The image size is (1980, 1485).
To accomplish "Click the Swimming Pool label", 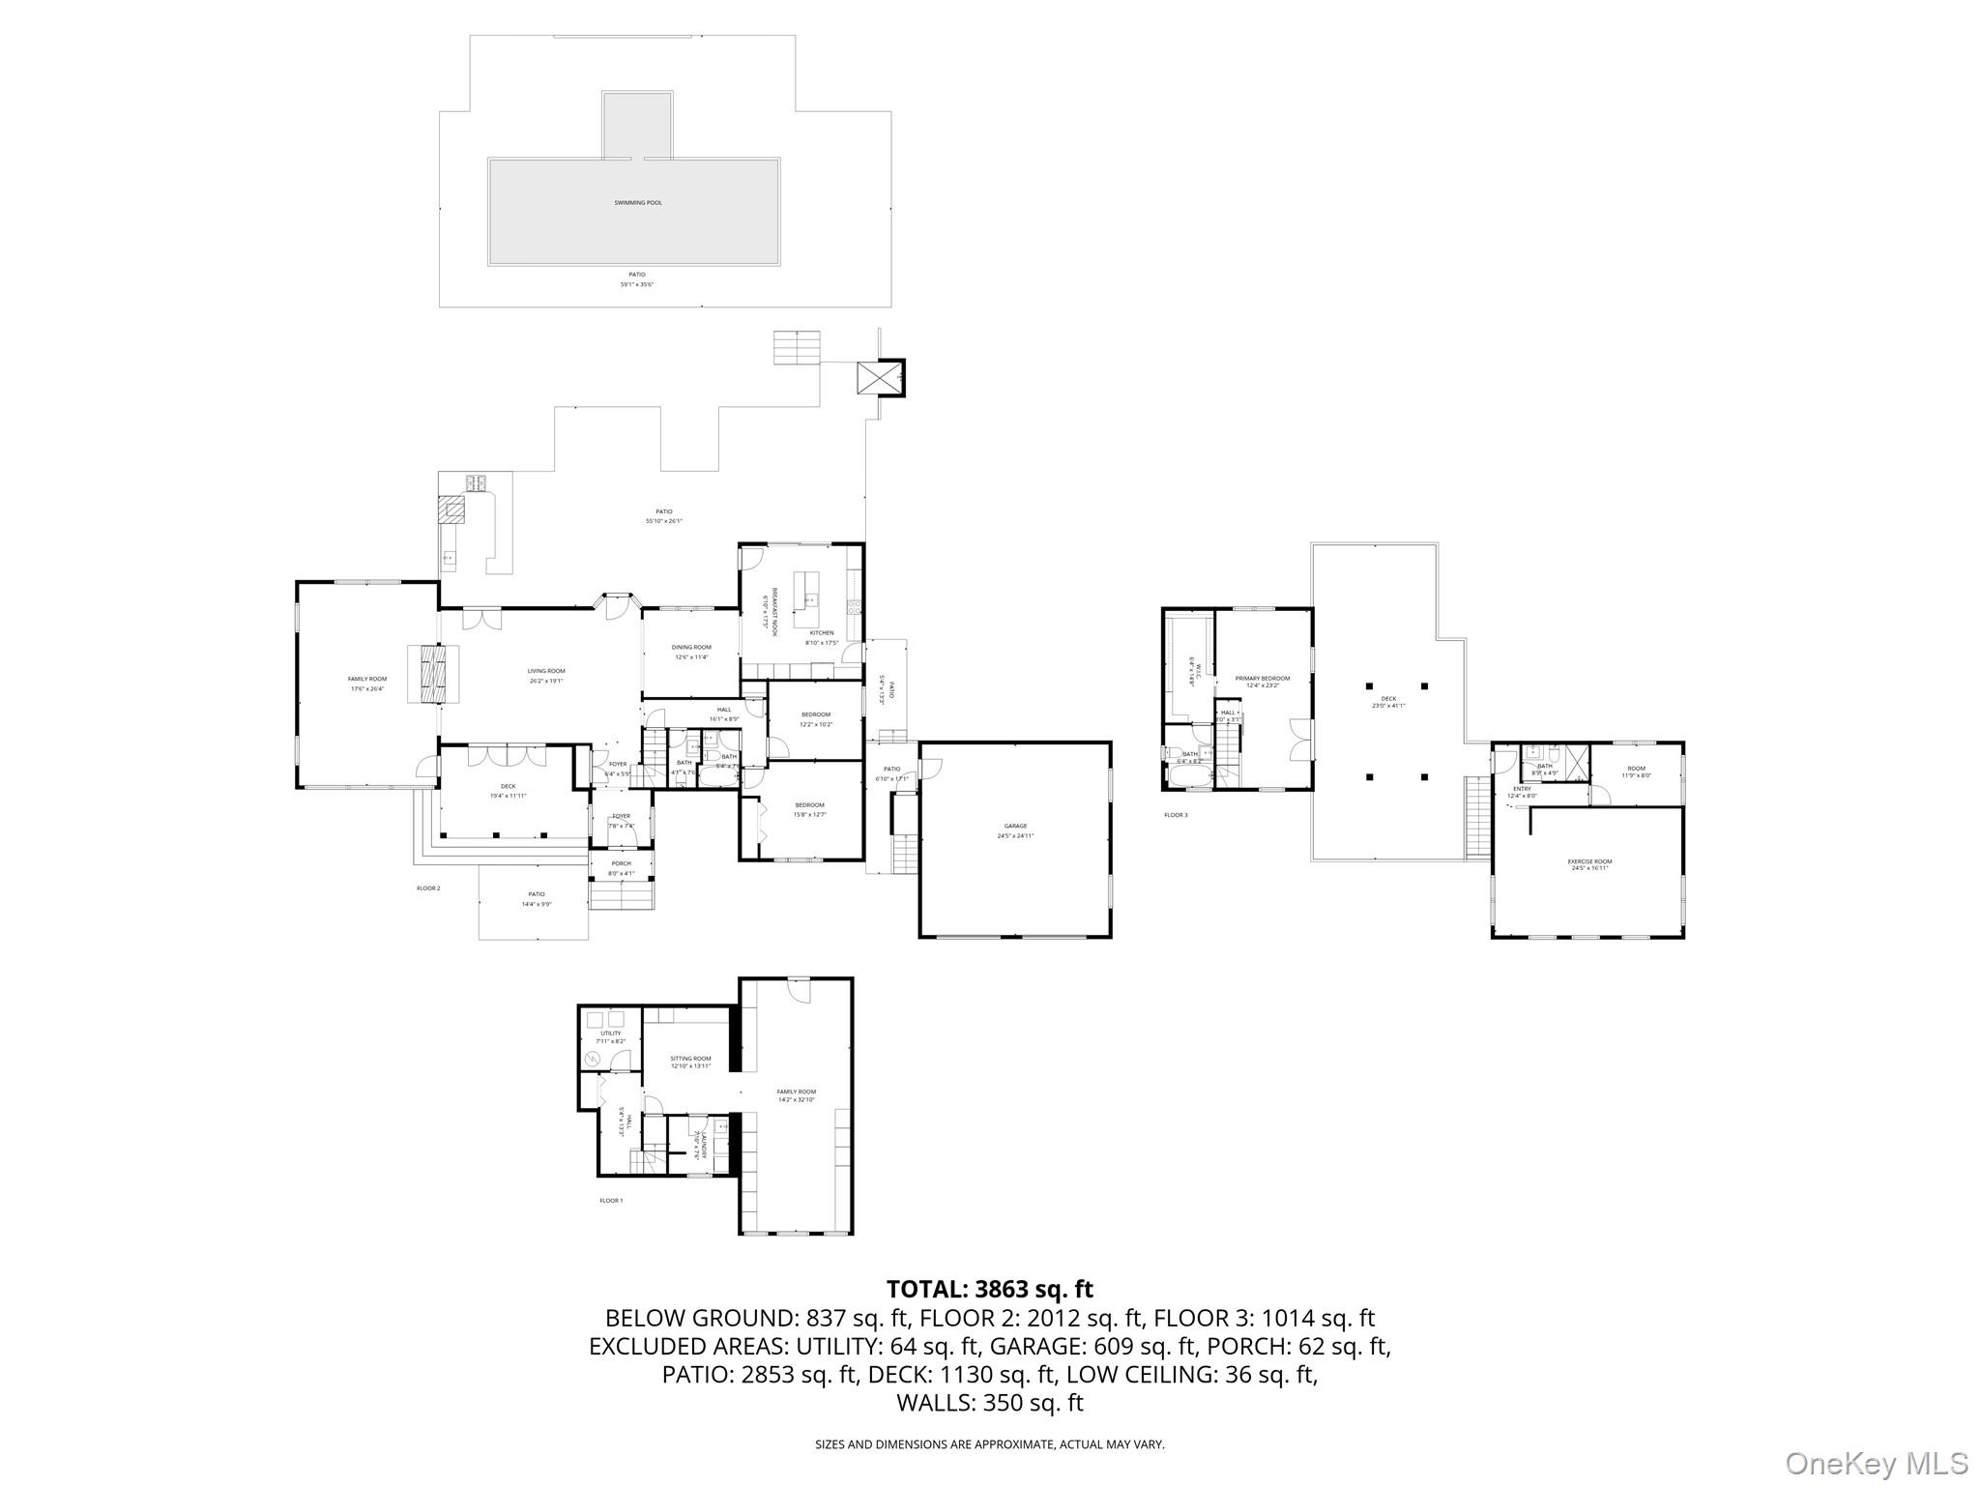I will pos(638,203).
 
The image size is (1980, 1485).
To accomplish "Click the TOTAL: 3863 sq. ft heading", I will pos(989,1289).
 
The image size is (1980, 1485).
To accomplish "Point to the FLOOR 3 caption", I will pos(1176,815).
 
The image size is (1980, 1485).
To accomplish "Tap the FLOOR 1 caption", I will pos(611,1201).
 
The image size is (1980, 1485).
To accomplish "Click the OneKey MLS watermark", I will pos(1876,1462).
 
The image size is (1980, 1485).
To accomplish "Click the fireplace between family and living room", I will pos(426,674).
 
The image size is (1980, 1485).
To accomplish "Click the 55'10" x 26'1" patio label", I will pos(663,516).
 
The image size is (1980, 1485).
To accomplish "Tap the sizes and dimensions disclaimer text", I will pos(989,1444).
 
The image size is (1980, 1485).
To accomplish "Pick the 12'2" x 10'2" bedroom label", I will pos(816,719).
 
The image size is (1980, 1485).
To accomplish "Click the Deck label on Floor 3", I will pos(1388,702).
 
